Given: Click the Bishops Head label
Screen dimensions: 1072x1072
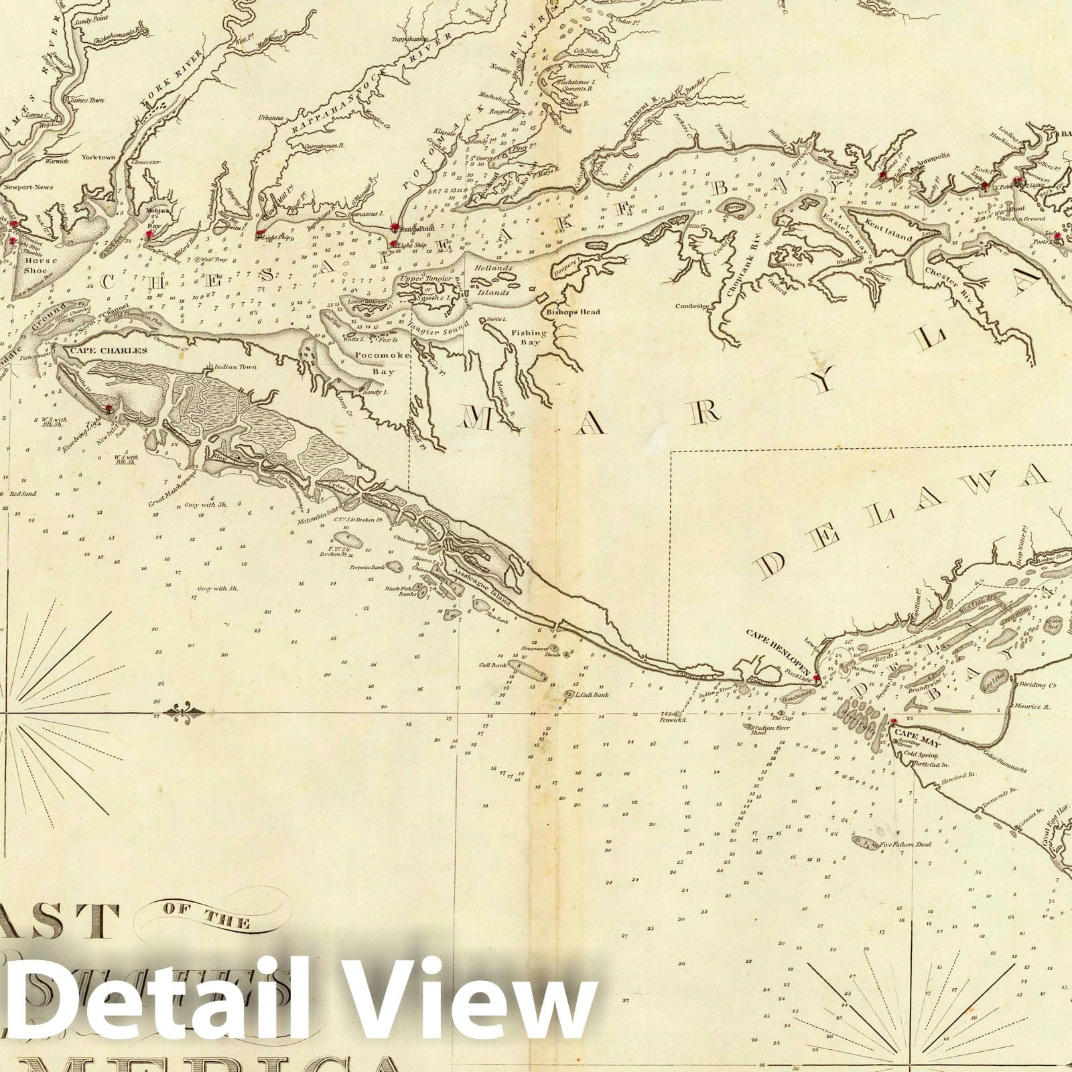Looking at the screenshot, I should [x=573, y=312].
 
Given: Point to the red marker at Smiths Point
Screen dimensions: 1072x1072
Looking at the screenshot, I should [x=396, y=227].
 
